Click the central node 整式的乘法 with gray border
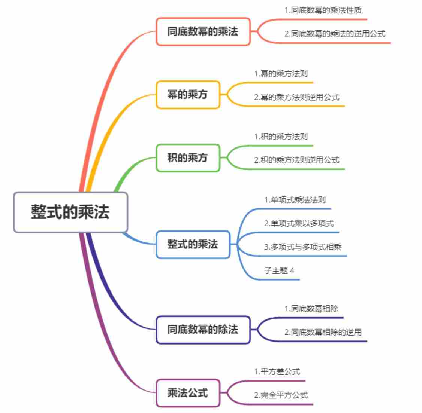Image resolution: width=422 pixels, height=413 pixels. [x=70, y=212]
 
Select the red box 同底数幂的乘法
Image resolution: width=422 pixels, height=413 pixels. [x=203, y=32]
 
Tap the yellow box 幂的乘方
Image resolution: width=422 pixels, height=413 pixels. [x=187, y=95]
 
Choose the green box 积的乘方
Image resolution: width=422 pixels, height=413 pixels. [x=187, y=158]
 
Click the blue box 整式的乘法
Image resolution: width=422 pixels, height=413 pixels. [x=193, y=245]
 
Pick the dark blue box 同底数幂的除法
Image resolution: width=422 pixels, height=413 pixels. [x=203, y=330]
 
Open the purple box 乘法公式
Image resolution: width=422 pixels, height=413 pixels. [x=187, y=393]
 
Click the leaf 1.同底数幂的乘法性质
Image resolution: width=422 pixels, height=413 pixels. [x=323, y=10]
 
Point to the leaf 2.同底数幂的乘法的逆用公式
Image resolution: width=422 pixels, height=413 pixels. [x=335, y=34]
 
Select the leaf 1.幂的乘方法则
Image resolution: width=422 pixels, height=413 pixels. [x=281, y=74]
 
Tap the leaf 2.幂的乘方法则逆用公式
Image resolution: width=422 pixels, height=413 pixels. [x=296, y=97]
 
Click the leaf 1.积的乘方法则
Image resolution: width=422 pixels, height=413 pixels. [x=281, y=137]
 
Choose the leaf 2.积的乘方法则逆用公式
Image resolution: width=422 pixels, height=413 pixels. [x=296, y=160]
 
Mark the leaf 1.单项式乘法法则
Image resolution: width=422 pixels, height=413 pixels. [x=295, y=200]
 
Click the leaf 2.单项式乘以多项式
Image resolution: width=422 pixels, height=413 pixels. [x=299, y=224]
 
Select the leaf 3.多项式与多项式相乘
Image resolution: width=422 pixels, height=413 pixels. [x=303, y=247]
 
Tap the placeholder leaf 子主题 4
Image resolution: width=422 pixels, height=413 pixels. [x=279, y=270]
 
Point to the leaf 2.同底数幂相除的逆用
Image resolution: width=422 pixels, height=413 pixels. [x=323, y=332]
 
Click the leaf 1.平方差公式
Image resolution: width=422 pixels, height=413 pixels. [x=277, y=372]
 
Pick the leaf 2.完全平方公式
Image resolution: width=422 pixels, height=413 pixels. [x=281, y=395]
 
